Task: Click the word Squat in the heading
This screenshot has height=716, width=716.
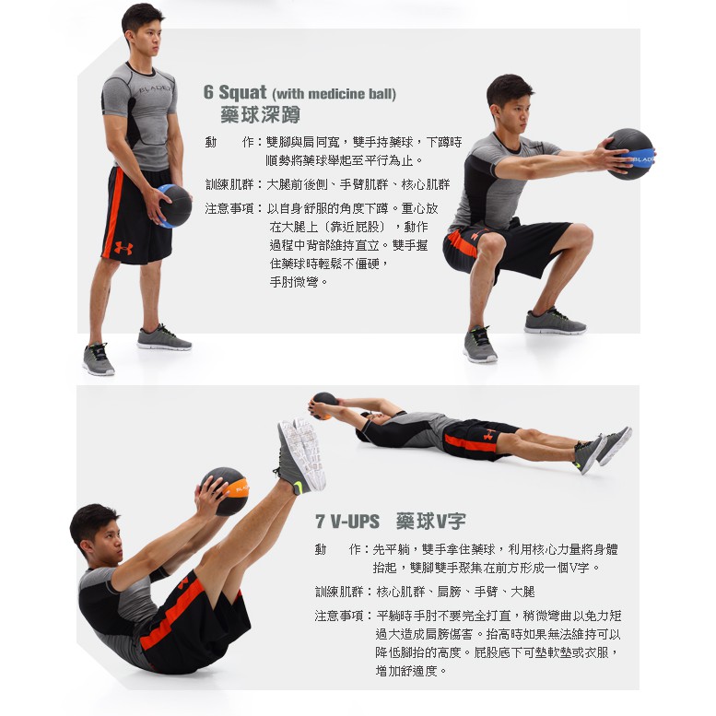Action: tap(242, 93)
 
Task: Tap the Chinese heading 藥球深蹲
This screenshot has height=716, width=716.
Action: tap(260, 114)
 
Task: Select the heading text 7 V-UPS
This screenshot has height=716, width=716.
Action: tap(347, 521)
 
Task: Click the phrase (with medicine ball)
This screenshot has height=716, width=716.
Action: tap(334, 94)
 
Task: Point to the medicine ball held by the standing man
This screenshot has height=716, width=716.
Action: tap(174, 205)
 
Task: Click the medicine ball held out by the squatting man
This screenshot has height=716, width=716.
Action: tap(630, 154)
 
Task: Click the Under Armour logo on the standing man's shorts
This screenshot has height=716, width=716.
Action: tap(123, 248)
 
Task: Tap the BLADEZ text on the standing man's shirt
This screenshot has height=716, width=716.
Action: tap(155, 88)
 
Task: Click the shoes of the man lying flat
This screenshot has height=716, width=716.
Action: tap(603, 450)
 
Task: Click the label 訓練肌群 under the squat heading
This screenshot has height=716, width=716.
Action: tap(229, 184)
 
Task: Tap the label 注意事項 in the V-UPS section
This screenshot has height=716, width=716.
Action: tap(339, 616)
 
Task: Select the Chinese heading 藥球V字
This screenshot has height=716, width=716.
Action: tap(430, 521)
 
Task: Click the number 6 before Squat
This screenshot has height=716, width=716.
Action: tap(208, 92)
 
